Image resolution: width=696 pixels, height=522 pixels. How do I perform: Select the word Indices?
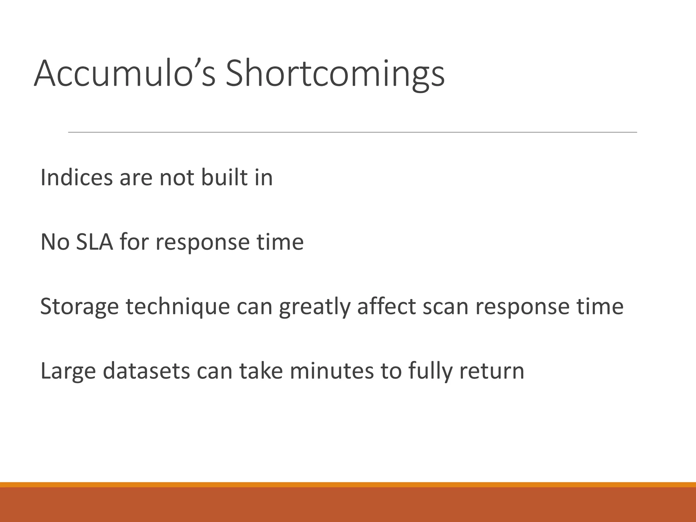(76, 177)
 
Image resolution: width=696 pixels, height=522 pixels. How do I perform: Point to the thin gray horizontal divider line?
(352, 132)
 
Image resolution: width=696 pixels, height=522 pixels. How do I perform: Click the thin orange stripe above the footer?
(348, 485)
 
